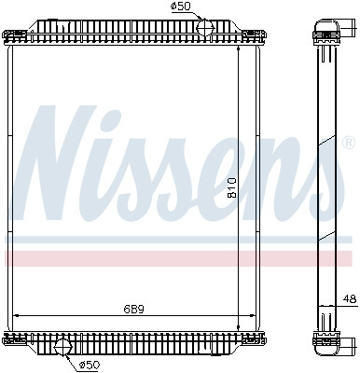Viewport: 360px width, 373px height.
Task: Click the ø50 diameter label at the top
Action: pyautogui.click(x=206, y=7)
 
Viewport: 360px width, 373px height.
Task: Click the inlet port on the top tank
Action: pyautogui.click(x=207, y=26)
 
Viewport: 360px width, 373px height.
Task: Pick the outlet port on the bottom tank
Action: pyautogui.click(x=62, y=347)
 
